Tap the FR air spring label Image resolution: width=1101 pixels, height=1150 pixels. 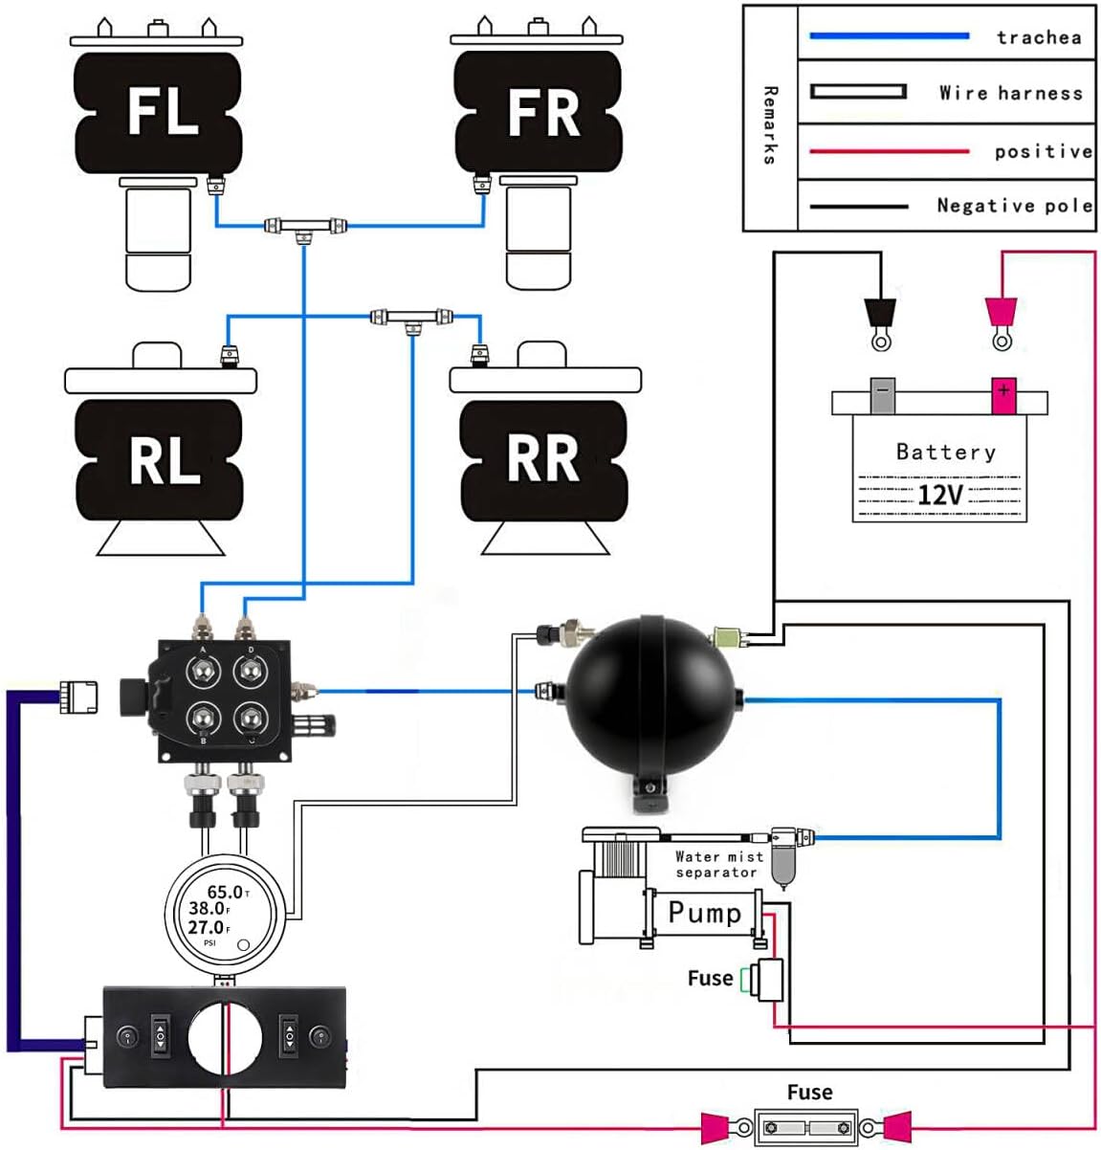click(x=542, y=112)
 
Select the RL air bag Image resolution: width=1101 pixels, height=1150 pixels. click(x=161, y=460)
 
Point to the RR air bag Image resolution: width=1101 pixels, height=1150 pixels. click(x=542, y=459)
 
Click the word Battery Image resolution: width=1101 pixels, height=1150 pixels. click(x=945, y=452)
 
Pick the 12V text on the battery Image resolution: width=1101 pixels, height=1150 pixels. click(x=939, y=495)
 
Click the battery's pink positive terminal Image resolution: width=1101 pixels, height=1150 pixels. click(x=1002, y=394)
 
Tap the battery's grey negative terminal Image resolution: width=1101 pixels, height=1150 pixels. click(x=882, y=394)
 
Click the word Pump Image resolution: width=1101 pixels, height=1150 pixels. click(x=704, y=913)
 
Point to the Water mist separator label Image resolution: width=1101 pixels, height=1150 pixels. click(x=718, y=864)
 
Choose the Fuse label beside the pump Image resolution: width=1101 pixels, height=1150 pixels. click(x=710, y=978)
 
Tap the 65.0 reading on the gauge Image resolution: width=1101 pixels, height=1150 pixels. click(x=225, y=892)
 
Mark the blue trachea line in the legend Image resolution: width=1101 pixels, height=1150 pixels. click(x=889, y=36)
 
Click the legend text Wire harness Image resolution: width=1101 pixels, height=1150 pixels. click(x=1010, y=93)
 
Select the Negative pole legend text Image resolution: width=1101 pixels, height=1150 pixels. click(x=1014, y=205)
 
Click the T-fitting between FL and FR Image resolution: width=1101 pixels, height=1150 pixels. click(x=305, y=227)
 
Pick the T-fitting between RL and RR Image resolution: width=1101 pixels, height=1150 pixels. click(x=412, y=317)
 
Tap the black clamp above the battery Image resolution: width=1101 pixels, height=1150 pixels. click(x=879, y=314)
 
